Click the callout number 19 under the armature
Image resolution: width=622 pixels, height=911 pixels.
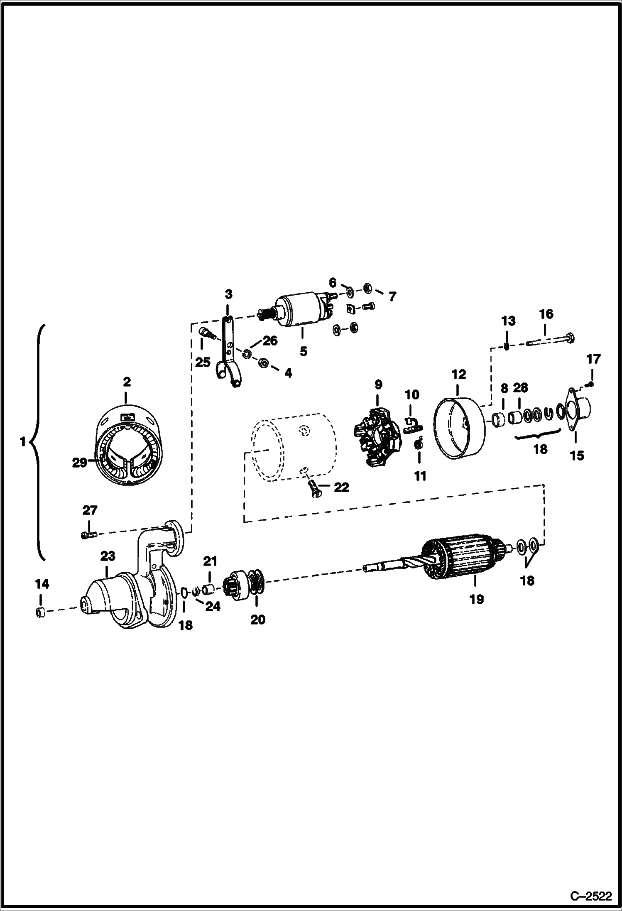[477, 599]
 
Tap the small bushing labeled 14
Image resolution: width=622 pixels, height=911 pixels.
[40, 612]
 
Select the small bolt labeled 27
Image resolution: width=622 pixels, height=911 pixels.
[88, 535]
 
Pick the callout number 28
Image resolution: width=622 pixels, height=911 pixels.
[520, 388]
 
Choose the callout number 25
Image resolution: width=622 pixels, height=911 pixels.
[203, 362]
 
